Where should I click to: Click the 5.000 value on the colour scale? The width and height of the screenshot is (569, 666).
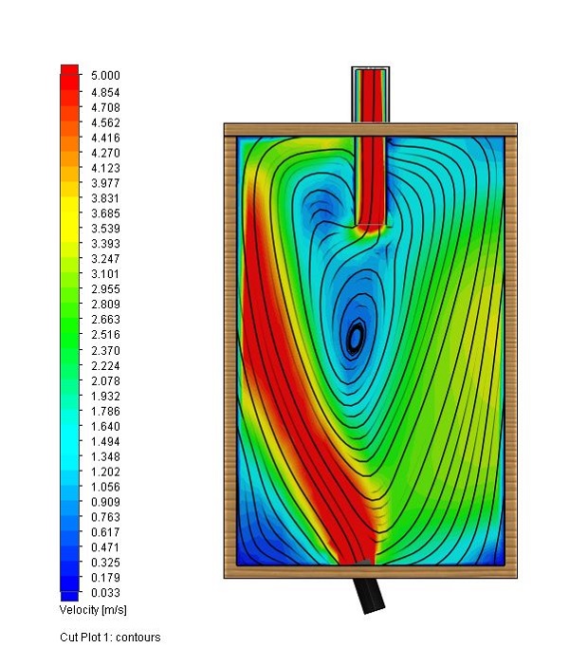tap(105, 76)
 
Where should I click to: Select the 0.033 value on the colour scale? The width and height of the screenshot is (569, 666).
tap(105, 593)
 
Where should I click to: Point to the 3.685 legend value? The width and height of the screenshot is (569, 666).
tap(105, 213)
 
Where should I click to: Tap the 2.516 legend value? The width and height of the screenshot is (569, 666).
tap(105, 335)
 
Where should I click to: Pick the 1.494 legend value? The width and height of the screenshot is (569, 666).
tap(105, 442)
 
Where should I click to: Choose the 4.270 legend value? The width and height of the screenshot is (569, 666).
tap(105, 153)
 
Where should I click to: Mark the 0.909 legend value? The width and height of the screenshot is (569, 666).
tap(105, 502)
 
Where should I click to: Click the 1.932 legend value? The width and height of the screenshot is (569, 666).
tap(105, 397)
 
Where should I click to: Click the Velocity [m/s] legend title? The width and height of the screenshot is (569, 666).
tap(93, 610)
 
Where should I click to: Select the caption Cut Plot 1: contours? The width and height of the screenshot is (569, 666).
tap(110, 638)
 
